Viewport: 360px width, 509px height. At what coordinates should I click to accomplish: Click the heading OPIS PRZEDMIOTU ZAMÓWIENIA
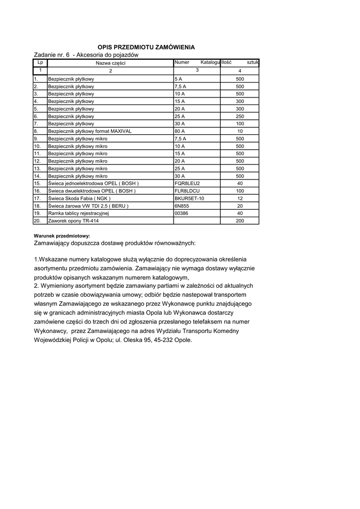[146, 47]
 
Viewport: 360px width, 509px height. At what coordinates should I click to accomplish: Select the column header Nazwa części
[111, 63]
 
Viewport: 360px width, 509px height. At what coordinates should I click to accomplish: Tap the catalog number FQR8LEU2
[187, 183]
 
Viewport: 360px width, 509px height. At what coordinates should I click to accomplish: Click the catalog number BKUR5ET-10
[189, 198]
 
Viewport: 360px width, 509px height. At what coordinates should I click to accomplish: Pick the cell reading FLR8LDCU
[187, 191]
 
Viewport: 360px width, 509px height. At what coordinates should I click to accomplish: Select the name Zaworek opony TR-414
[71, 221]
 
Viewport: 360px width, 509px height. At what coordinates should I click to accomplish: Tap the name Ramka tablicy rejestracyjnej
[78, 213]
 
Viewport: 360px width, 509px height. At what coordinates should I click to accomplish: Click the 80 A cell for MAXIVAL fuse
[180, 131]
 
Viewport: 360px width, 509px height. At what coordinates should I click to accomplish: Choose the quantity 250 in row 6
[240, 116]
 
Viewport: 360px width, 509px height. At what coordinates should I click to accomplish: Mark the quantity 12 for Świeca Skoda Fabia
[240, 198]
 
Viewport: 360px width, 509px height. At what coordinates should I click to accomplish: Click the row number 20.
[37, 221]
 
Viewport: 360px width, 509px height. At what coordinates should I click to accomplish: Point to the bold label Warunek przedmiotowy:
[62, 236]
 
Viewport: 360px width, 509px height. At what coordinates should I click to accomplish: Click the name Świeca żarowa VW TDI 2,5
[88, 206]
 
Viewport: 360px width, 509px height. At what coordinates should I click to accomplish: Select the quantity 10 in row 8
[240, 131]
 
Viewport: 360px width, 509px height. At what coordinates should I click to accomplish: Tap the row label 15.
[37, 183]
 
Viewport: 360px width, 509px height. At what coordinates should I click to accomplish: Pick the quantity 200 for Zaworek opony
[240, 221]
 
